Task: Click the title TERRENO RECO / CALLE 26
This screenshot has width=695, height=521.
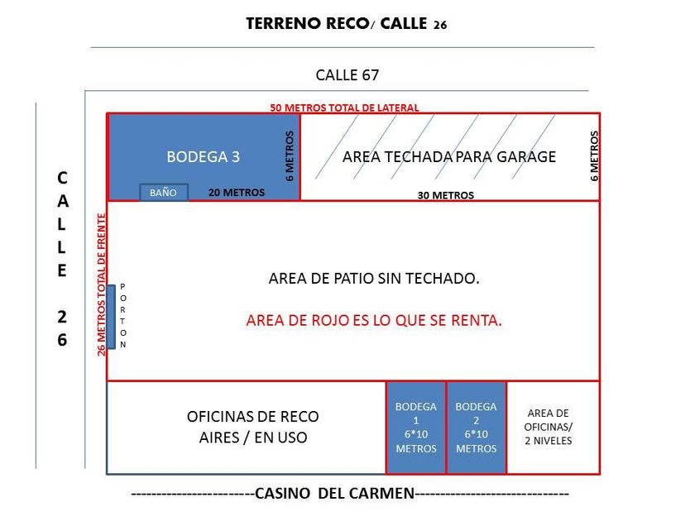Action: [x=346, y=24]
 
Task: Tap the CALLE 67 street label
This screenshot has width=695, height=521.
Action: [x=347, y=74]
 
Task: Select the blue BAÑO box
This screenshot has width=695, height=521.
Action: [x=163, y=193]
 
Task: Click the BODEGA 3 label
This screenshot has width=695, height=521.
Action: [x=203, y=156]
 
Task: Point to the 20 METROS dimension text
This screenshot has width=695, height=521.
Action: [x=237, y=193]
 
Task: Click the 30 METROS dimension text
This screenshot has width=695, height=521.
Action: [x=446, y=196]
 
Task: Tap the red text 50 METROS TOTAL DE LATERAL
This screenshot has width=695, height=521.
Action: [x=344, y=108]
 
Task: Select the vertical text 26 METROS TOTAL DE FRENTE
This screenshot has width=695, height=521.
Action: [x=102, y=284]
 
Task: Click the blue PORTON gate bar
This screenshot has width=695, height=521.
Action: [x=111, y=317]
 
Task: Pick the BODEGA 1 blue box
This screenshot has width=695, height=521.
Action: [x=416, y=428]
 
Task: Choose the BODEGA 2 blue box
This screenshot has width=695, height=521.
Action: [x=477, y=428]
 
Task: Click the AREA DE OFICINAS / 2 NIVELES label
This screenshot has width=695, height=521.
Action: [x=549, y=427]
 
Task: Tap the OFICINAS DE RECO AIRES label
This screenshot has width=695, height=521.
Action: [x=252, y=427]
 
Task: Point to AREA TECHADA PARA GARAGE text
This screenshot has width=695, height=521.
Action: [x=448, y=156]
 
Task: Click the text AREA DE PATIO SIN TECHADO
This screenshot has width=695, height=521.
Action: [x=374, y=279]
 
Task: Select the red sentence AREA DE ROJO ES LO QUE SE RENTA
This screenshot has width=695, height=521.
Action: [x=374, y=321]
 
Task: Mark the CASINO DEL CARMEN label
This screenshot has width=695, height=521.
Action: [x=334, y=494]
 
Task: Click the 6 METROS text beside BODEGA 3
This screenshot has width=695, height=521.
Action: [x=290, y=155]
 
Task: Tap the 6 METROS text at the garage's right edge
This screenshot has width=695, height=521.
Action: [x=594, y=155]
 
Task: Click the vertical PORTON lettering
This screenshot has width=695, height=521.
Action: [x=124, y=315]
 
